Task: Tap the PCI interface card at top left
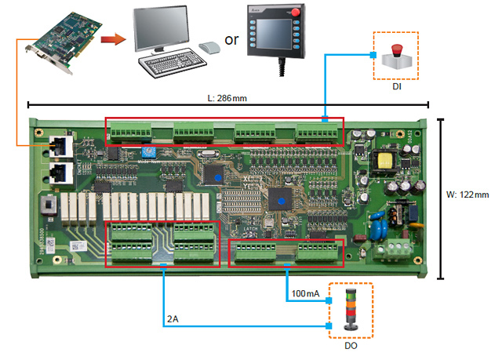(x=64, y=34)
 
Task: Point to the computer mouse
(x=208, y=48)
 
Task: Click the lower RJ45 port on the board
(x=57, y=171)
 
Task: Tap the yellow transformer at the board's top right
(x=387, y=162)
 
